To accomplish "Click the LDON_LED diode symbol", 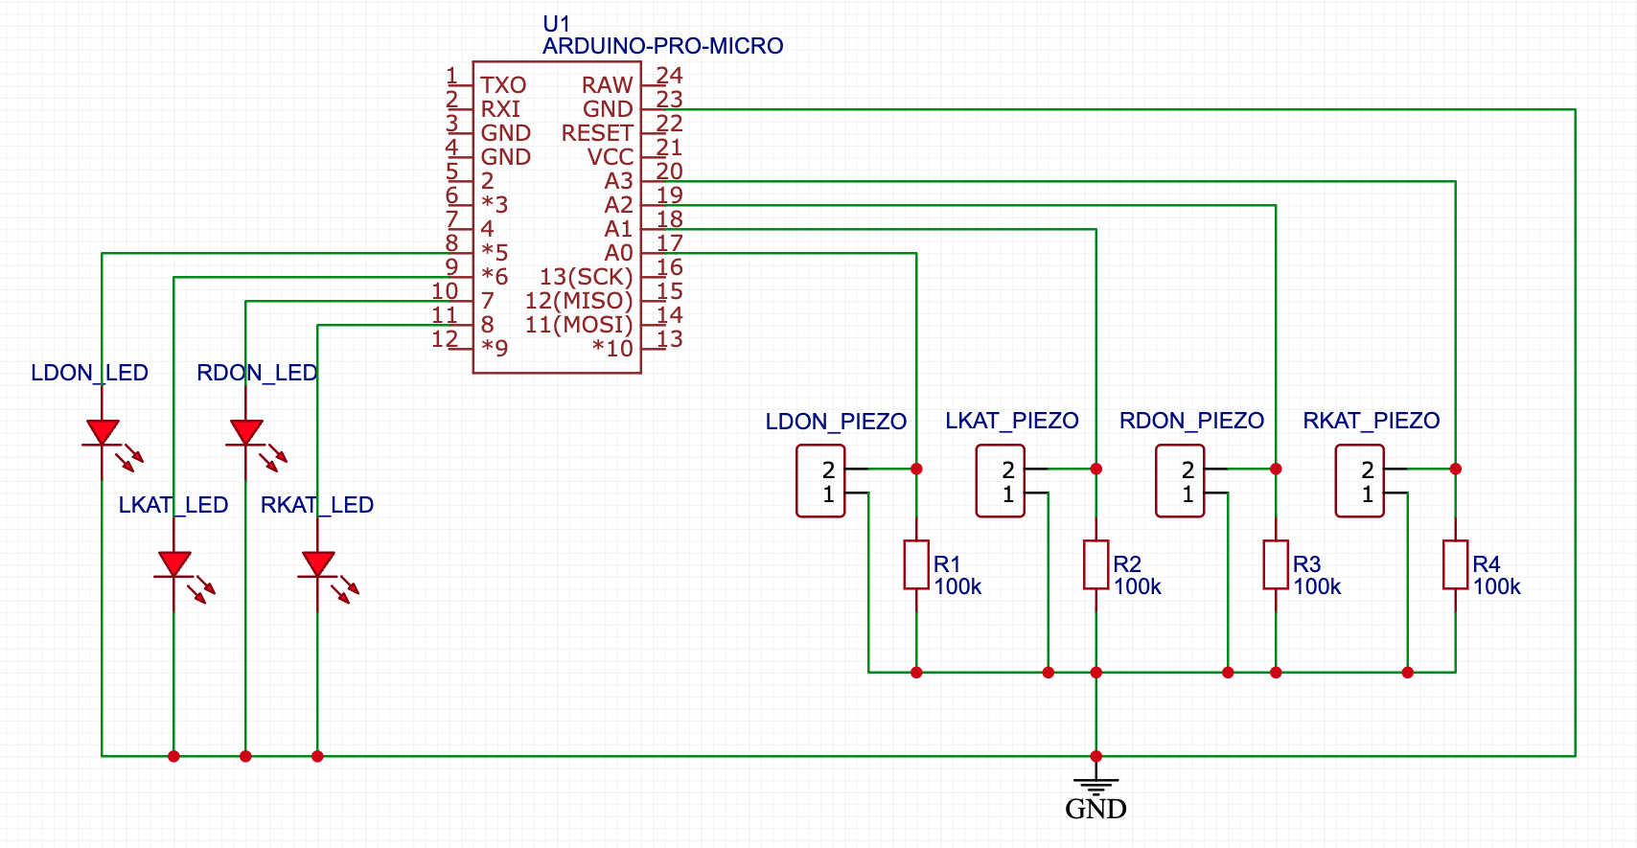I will tap(102, 433).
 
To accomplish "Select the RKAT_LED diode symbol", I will tap(317, 565).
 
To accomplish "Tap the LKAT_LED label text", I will tap(173, 505).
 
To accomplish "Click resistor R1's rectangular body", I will tap(916, 565).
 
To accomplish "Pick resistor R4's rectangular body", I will tap(1455, 565).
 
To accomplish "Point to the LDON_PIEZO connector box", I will tap(820, 481).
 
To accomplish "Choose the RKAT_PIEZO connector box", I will tap(1359, 481).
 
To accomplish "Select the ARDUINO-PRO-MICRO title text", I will tap(662, 46).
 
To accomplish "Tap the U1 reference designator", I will tap(556, 23).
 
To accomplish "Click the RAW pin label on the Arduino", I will tap(607, 85).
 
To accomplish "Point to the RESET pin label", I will tap(597, 133).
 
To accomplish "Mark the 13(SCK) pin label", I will tap(586, 277).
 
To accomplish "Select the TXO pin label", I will tap(503, 85).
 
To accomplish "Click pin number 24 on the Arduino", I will tap(669, 75).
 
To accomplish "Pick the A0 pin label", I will tap(618, 253).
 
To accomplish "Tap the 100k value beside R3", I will tap(1317, 586).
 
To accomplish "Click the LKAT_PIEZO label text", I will tap(1011, 421).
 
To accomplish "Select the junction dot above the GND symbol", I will tap(1095, 756).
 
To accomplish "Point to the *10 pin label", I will tap(612, 349).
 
